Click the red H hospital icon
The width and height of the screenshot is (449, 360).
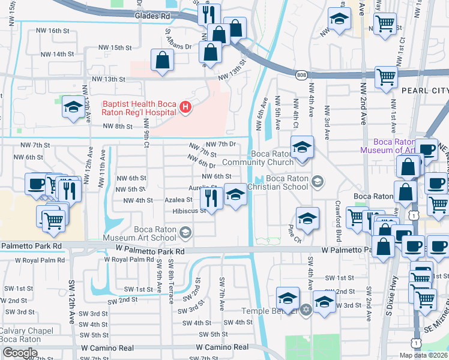point(186,108)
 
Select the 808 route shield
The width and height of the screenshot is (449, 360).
point(301,74)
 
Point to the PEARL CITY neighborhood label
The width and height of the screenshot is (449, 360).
point(425,91)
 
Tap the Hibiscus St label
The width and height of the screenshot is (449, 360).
point(189,211)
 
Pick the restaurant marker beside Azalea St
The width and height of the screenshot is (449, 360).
point(211,196)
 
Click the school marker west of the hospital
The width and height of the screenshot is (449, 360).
point(73,108)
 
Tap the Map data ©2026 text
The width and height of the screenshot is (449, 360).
point(423,355)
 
